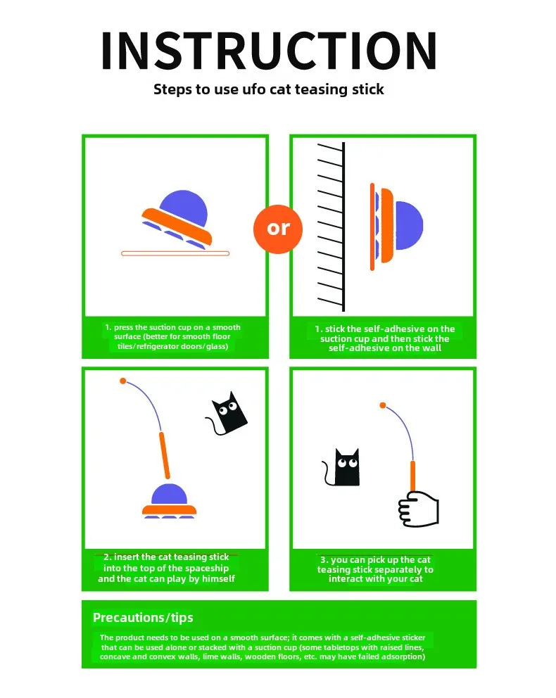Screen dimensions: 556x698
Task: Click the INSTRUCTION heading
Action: click(x=269, y=51)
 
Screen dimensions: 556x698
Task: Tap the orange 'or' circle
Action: click(x=278, y=229)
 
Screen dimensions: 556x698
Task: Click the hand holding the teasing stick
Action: click(x=419, y=509)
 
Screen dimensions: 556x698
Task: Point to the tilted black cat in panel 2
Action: click(x=227, y=414)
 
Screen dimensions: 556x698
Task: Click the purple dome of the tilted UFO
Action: click(x=184, y=207)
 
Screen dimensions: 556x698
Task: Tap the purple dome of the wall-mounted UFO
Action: click(x=409, y=225)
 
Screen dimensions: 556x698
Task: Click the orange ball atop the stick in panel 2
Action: click(x=123, y=381)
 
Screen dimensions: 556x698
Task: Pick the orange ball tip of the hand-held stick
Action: click(x=383, y=405)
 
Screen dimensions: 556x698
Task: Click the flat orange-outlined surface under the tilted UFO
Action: click(x=175, y=254)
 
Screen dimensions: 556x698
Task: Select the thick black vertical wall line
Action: click(x=343, y=227)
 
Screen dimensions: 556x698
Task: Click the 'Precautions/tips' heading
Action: click(x=143, y=618)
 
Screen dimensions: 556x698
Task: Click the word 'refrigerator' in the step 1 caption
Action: click(x=158, y=346)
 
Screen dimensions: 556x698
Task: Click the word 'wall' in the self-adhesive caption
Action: click(x=431, y=348)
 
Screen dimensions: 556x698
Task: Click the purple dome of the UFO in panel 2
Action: click(x=169, y=494)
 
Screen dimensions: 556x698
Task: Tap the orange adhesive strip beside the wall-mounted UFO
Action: click(x=372, y=227)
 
